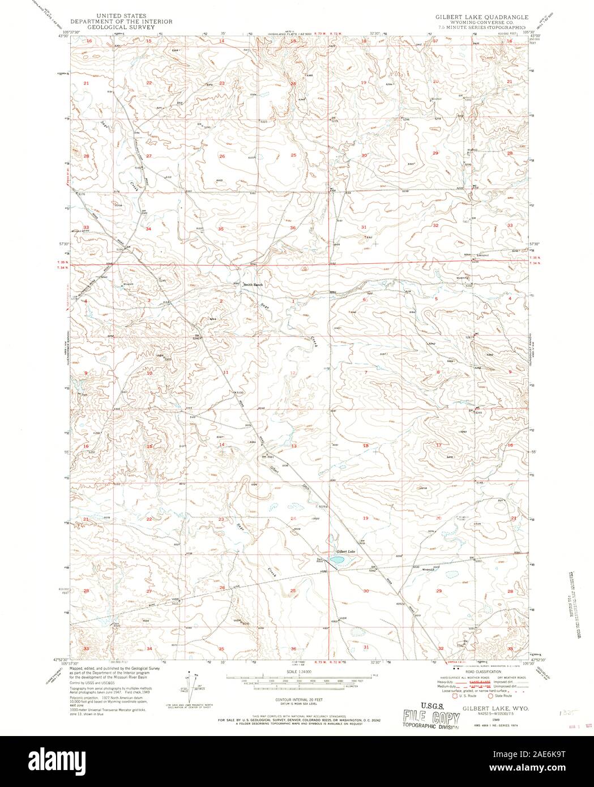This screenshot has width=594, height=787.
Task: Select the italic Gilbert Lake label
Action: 345,551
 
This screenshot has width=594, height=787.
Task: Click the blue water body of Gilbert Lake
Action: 338,560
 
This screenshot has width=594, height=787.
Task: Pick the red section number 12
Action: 293,373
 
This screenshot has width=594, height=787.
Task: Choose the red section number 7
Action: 366,372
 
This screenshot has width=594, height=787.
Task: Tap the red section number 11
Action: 225,372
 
